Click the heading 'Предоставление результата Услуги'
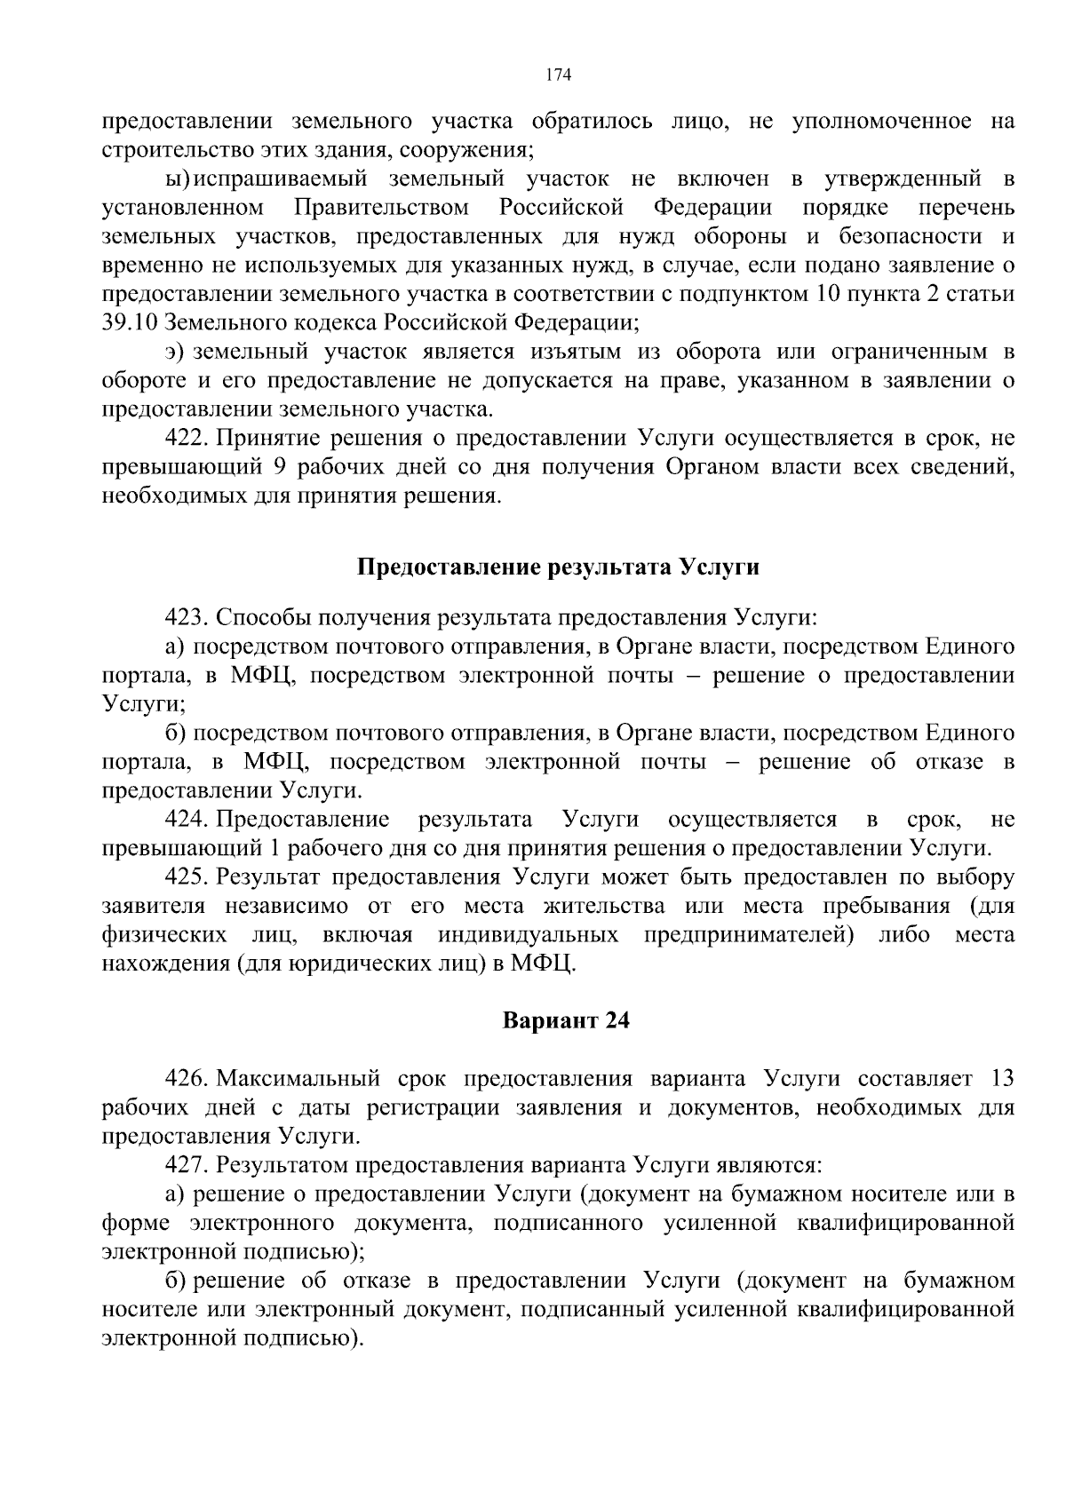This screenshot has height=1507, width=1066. (558, 567)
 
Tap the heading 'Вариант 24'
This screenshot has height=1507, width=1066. (566, 1020)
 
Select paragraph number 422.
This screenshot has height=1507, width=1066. (187, 438)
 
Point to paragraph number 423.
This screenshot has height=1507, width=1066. (187, 617)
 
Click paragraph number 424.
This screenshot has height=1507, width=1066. (187, 819)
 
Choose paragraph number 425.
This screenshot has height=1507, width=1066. (187, 877)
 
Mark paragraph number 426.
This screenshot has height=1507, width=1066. (187, 1079)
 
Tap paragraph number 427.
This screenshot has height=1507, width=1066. (187, 1165)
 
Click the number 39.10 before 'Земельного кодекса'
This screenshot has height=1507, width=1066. (131, 322)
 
